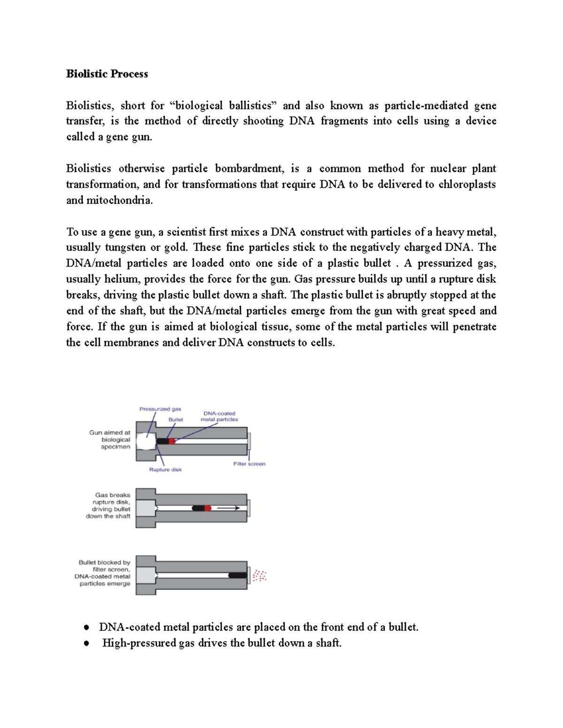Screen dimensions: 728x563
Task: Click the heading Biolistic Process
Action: [107, 74]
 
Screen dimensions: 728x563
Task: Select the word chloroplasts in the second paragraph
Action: [467, 184]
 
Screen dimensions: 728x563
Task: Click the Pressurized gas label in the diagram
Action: [160, 409]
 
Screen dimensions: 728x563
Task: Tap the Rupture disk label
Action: [165, 469]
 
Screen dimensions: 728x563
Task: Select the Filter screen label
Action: [249, 464]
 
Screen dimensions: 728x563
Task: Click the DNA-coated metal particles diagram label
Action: [219, 416]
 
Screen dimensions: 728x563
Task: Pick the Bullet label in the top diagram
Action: [175, 420]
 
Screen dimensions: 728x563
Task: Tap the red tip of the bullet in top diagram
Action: [172, 441]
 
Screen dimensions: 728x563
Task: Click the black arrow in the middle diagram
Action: [228, 508]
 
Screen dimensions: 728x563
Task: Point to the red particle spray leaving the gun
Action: [259, 576]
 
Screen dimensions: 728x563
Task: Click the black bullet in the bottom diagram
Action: [237, 575]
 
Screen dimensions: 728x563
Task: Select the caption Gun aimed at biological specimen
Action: [110, 440]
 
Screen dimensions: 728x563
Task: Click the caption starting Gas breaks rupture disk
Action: [108, 505]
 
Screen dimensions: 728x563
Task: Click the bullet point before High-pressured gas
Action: [86, 643]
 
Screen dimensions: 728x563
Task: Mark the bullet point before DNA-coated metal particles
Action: [86, 627]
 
